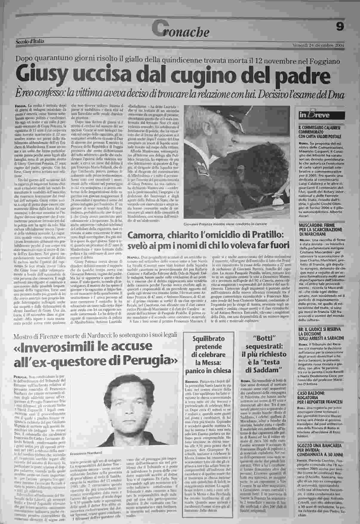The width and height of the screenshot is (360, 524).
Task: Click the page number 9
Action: pyautogui.click(x=340, y=27)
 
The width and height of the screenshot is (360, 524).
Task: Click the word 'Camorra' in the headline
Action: pyautogui.click(x=146, y=235)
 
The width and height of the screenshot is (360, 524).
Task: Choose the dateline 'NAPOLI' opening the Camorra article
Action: pyautogui.click(x=133, y=257)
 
